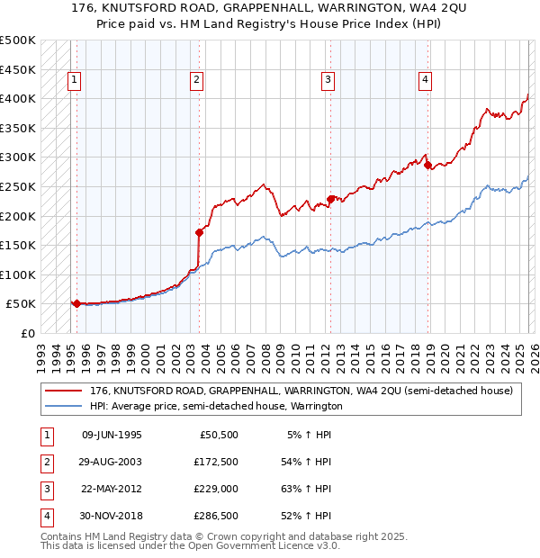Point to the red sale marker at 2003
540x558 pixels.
point(199,231)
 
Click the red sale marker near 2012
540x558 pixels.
point(330,199)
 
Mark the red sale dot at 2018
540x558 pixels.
point(428,165)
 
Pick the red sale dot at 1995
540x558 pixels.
point(76,303)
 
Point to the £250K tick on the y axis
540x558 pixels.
point(18,186)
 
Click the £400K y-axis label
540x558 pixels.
point(18,98)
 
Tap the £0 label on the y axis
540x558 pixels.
point(29,333)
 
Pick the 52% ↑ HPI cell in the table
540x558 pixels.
point(307,516)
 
